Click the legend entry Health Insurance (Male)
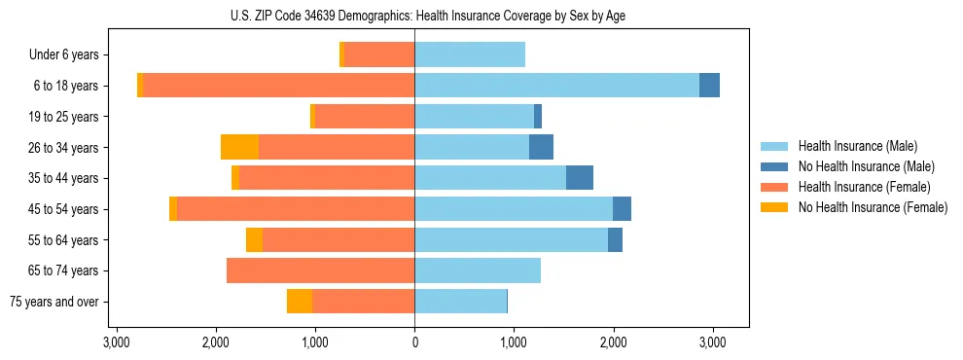(857, 146)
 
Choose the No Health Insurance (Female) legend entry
(873, 207)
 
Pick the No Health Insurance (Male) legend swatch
(775, 166)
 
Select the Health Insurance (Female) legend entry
(865, 187)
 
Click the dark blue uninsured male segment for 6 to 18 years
(709, 86)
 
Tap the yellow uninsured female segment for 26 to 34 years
(239, 147)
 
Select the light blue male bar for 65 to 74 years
(478, 270)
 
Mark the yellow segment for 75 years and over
(300, 302)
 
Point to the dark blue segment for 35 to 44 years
(580, 178)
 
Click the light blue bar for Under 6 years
(470, 54)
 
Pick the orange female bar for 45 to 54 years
(296, 209)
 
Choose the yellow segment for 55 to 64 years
(254, 239)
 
